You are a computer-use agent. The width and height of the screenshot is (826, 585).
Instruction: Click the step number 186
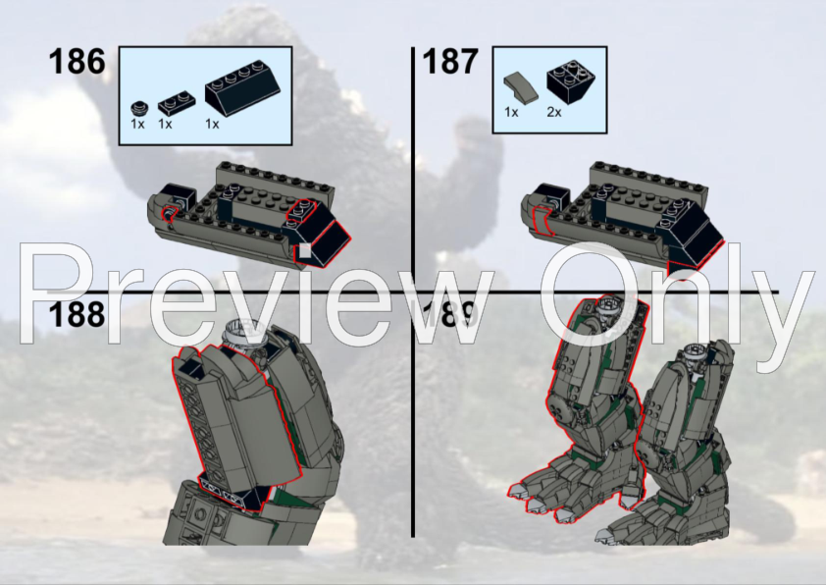77,61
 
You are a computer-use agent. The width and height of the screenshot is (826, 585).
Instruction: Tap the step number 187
449,61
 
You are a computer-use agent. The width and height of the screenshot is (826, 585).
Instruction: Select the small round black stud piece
138,105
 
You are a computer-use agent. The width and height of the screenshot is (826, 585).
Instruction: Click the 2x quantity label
554,113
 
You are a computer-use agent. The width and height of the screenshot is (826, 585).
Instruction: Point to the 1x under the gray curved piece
510,113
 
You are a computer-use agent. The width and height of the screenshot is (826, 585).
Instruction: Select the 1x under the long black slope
211,125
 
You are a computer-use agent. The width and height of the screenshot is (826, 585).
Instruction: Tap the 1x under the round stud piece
137,125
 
